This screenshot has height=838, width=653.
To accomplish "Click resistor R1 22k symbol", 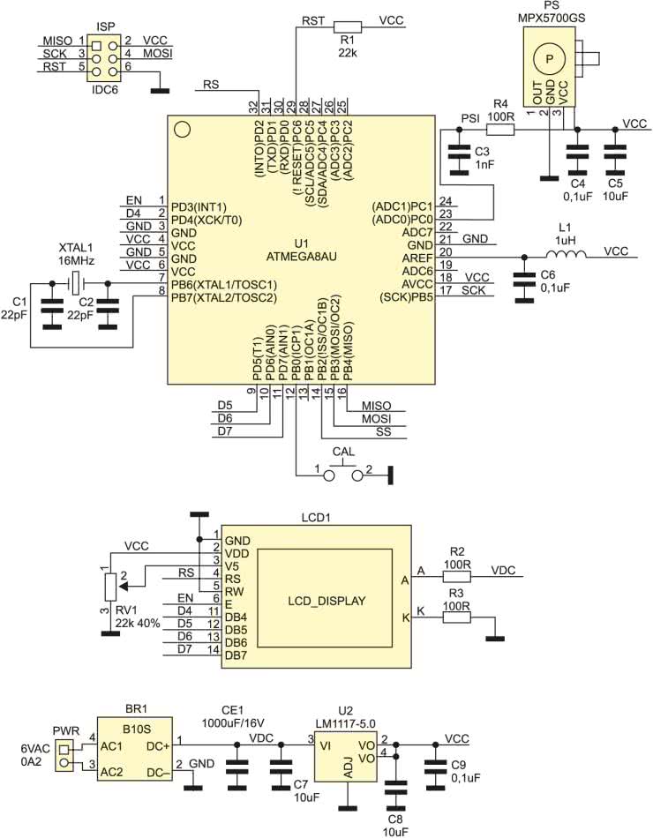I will pos(348,26).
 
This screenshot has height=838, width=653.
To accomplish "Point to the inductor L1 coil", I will pos(567,257).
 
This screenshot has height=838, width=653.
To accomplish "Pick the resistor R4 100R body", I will pos(501,129).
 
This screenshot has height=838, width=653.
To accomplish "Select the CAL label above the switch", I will pos(343,452).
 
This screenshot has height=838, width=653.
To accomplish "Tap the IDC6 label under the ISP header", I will pos(105,90).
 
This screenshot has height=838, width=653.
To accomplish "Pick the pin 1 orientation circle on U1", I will pos(183,130).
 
